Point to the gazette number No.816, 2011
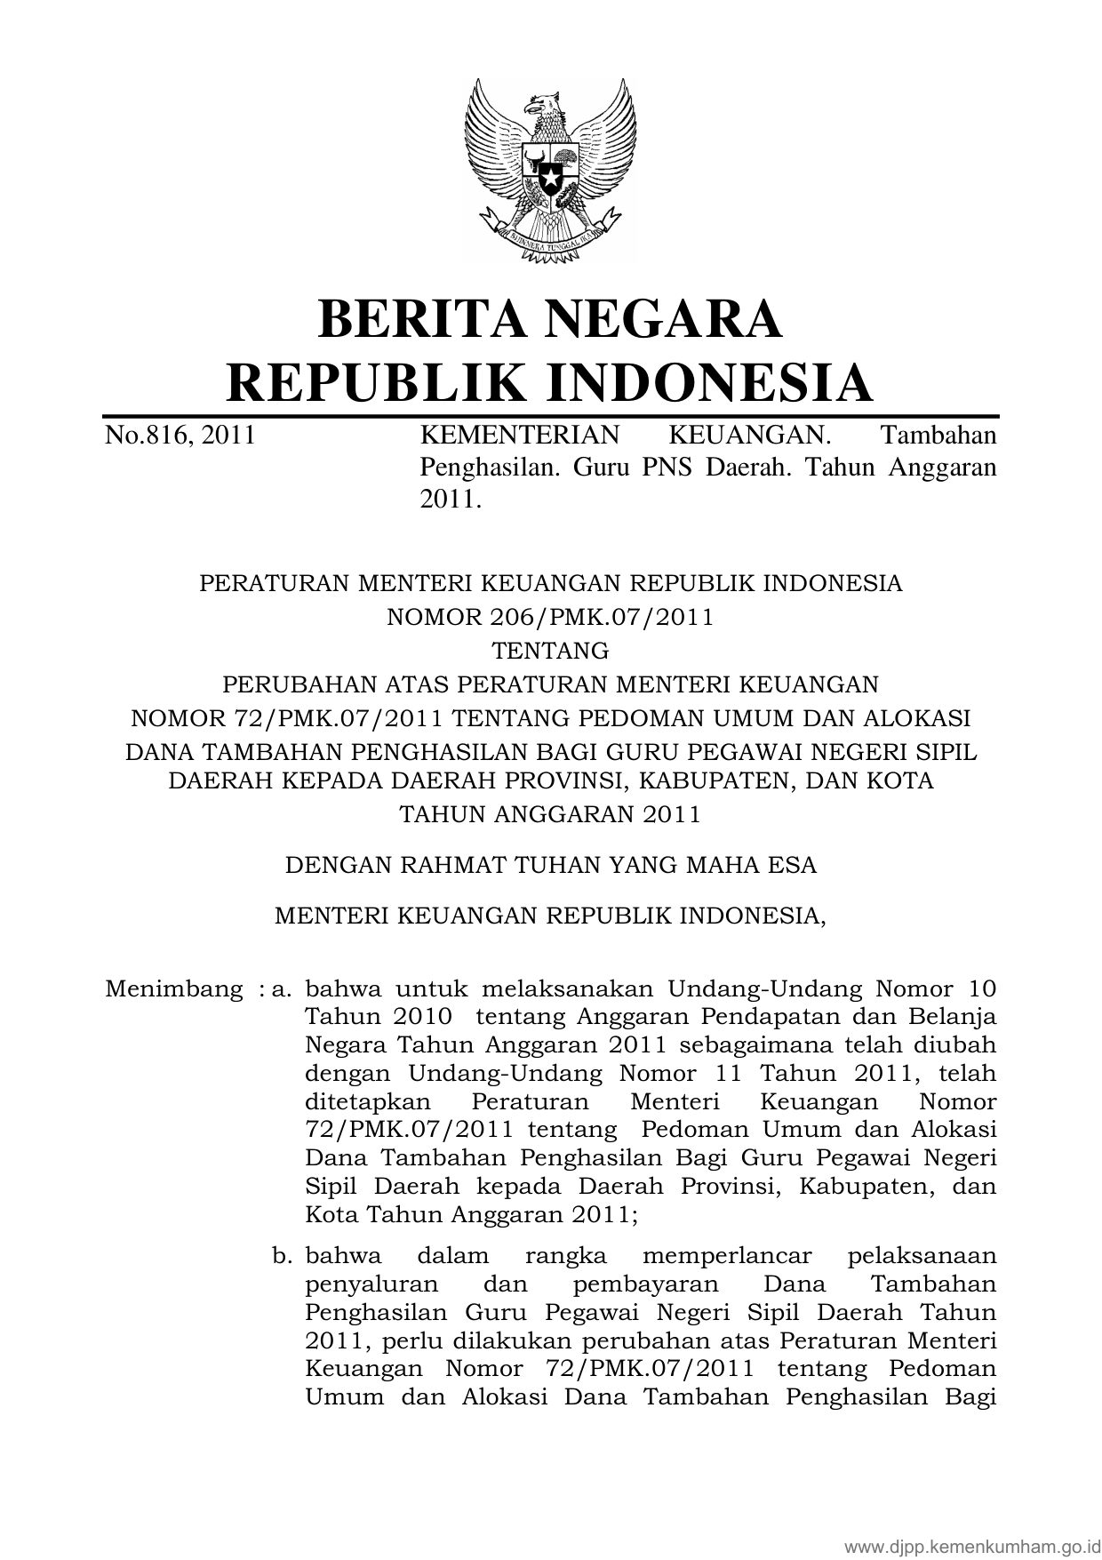(180, 436)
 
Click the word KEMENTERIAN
(519, 436)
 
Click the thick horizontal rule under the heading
(551, 416)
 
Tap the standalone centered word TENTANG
(551, 651)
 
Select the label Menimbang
(174, 988)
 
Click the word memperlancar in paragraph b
(726, 1255)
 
